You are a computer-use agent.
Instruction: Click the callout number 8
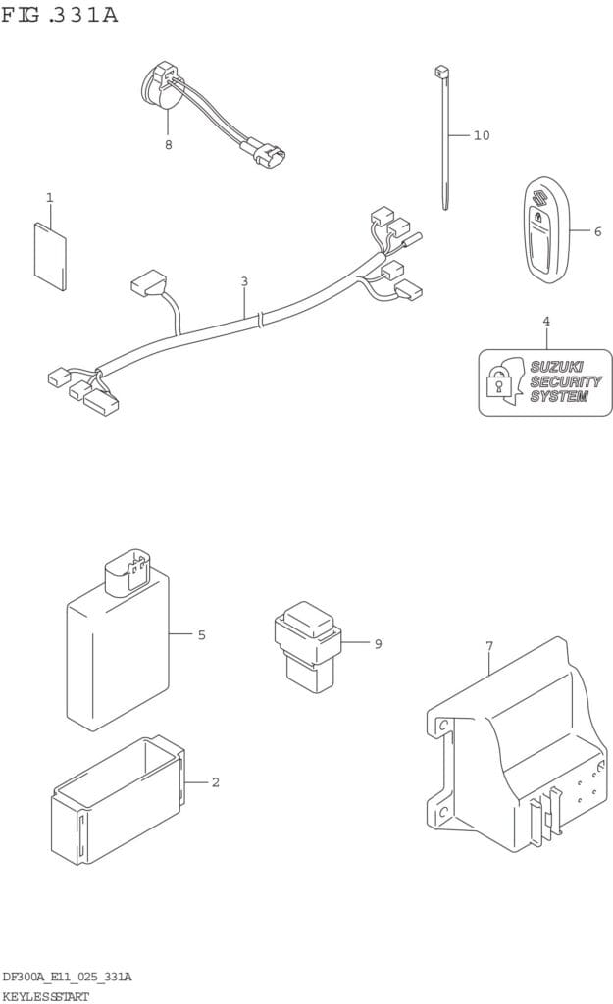coord(168,145)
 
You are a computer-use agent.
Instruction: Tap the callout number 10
coord(481,135)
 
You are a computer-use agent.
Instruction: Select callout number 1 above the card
coord(49,198)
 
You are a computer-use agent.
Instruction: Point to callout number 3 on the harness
coord(244,282)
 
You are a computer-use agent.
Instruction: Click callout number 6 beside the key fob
coord(597,231)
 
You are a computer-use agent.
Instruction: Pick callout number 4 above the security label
coord(546,321)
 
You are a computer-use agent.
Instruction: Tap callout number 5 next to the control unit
coord(201,635)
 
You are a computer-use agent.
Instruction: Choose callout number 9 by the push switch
coord(378,644)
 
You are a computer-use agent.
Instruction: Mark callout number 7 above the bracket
coord(488,646)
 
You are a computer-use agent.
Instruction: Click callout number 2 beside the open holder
coord(215,782)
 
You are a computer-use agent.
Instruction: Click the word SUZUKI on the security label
coord(556,367)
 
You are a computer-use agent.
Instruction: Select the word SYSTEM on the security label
coord(558,397)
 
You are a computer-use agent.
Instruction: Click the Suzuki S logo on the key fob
coord(538,201)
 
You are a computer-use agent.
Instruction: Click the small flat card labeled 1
coord(50,252)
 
